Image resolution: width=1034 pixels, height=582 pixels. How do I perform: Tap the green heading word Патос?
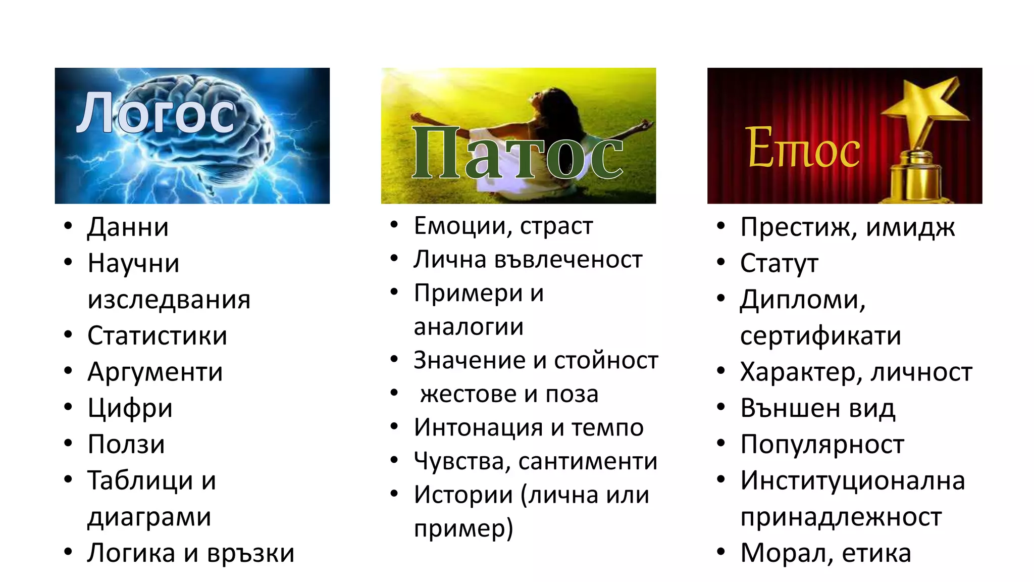[517, 154]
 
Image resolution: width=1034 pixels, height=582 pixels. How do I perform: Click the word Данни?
[128, 227]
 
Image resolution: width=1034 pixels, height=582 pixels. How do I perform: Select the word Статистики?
[157, 336]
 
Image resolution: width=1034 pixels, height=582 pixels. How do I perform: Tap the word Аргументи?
[155, 372]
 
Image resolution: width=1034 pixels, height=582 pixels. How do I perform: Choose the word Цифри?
[130, 408]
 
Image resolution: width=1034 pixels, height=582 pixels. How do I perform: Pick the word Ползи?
[126, 445]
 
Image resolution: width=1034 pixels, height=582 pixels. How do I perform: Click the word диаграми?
[149, 517]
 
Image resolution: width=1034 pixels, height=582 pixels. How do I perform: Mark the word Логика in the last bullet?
[131, 553]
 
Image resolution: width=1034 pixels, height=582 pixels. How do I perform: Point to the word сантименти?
[588, 461]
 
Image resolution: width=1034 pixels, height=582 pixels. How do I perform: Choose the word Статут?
[779, 264]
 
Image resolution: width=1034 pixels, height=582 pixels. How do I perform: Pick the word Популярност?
[822, 445]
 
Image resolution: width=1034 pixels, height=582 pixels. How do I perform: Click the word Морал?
[782, 553]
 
